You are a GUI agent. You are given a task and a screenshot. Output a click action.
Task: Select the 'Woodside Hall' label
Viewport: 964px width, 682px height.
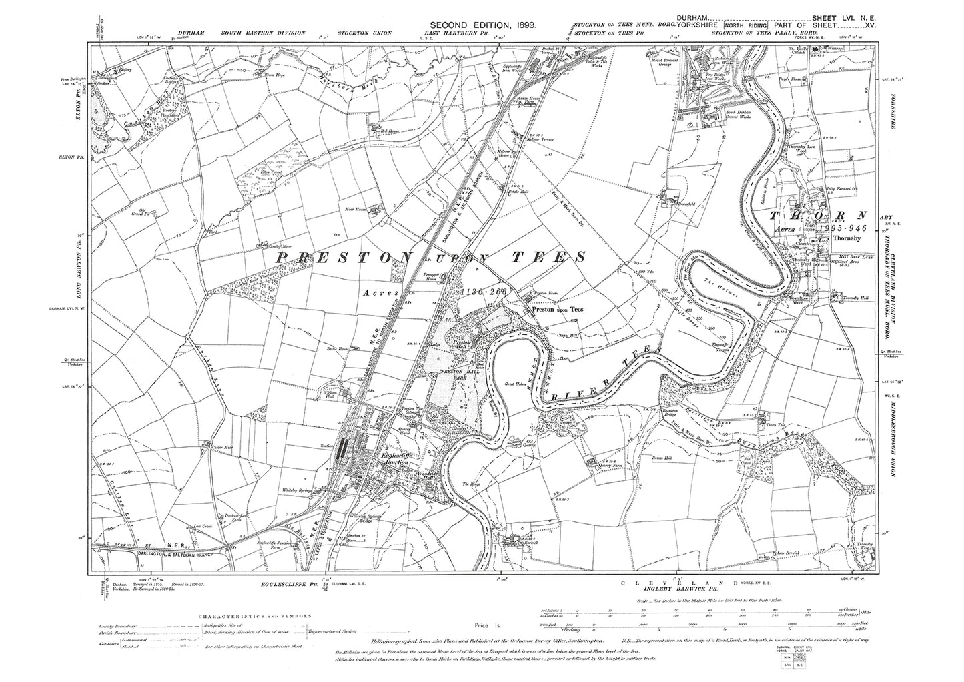click(x=426, y=477)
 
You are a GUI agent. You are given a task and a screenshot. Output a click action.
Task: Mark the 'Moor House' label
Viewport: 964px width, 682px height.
click(x=357, y=209)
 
